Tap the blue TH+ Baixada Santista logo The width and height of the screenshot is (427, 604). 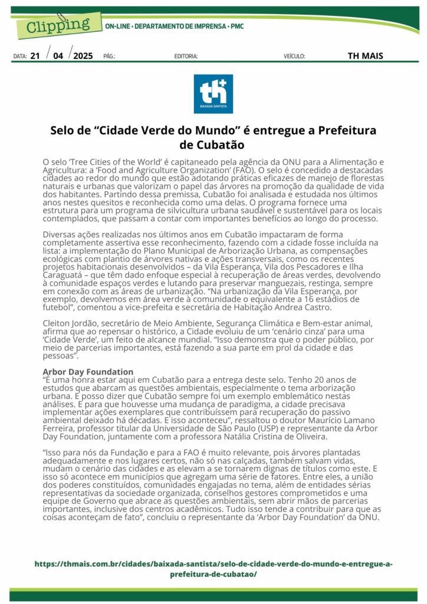(213, 94)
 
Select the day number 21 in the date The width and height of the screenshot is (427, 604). (35, 56)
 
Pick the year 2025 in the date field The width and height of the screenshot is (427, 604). (83, 56)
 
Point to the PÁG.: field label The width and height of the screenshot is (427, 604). (109, 57)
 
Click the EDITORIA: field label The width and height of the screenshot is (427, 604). (186, 57)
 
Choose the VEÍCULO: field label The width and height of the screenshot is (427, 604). (294, 57)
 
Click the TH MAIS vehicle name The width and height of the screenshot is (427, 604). (365, 56)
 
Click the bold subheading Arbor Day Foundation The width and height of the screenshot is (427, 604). (88, 371)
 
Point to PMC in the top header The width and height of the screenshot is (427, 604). (237, 27)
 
